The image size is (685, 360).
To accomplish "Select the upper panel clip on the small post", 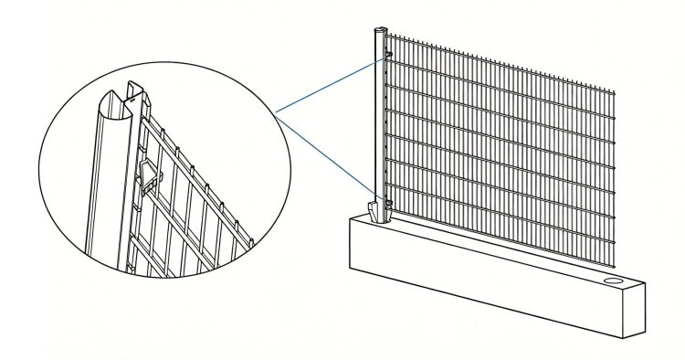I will (x=389, y=56).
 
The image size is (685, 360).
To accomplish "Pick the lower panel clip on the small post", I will (x=390, y=203).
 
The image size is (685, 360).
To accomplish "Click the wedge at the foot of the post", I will (x=376, y=211).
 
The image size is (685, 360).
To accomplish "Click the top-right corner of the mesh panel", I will (x=615, y=93).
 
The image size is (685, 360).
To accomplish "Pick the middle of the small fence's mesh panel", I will (x=498, y=146).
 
